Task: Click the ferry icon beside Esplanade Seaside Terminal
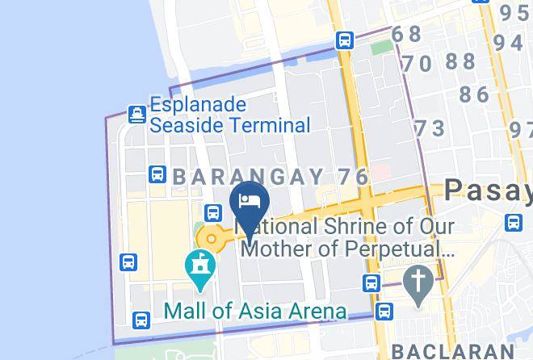(x=136, y=114)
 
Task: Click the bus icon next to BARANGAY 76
(x=158, y=174)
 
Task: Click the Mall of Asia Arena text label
(x=254, y=311)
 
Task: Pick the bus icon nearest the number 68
(x=346, y=40)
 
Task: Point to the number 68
(x=407, y=34)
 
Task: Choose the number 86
(x=474, y=94)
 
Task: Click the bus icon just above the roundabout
(x=213, y=212)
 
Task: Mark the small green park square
(x=380, y=46)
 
